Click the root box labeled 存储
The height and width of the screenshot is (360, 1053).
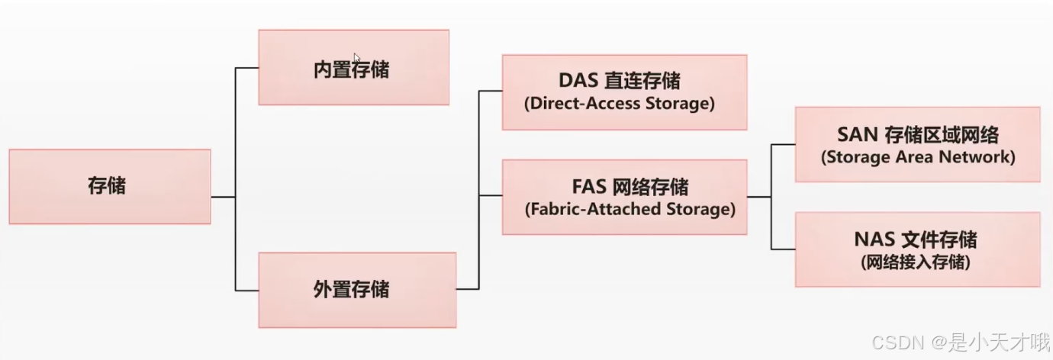tap(109, 186)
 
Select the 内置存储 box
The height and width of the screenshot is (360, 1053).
tap(353, 68)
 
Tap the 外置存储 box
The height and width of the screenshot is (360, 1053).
tap(356, 290)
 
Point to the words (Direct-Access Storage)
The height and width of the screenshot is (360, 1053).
tap(619, 104)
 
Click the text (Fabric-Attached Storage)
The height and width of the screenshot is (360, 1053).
tap(630, 208)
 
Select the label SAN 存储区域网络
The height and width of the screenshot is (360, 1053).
tap(917, 135)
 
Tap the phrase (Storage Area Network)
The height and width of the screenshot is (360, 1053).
tap(917, 157)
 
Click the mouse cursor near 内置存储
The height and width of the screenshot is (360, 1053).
tap(356, 57)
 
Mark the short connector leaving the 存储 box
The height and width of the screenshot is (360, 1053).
tap(223, 197)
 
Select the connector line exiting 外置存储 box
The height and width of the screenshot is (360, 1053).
tap(467, 289)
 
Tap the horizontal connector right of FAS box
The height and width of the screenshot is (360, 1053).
tap(758, 197)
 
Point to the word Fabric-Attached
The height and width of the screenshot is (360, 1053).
tap(591, 208)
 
